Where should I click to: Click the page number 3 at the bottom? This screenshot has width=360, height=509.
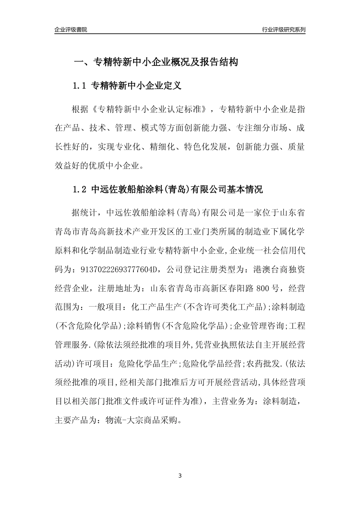pos(180,476)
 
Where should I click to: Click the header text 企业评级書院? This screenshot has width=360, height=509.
pos(71,30)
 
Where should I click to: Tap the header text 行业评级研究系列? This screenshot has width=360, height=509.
pos(283,30)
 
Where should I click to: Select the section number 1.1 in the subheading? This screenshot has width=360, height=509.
pos(80,86)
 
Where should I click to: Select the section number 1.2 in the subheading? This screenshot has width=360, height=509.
pos(80,189)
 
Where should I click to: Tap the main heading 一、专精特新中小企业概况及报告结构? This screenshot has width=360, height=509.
pos(155,62)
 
